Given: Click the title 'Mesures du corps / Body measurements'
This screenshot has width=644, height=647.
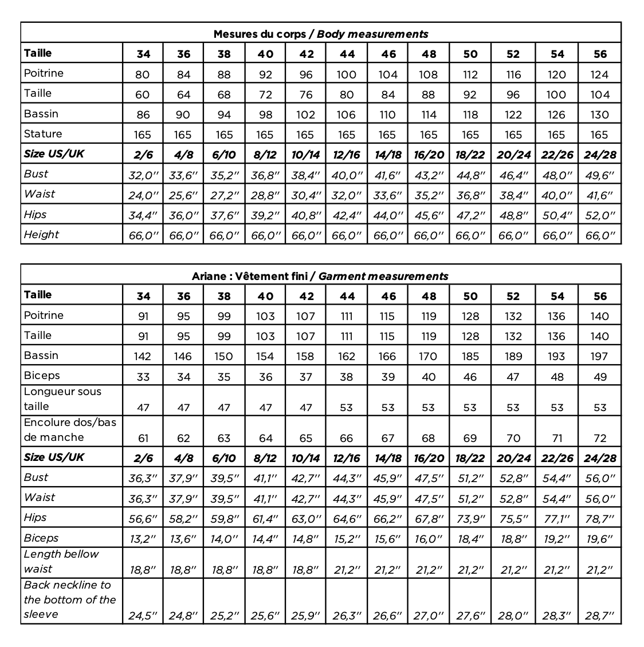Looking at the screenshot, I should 320,34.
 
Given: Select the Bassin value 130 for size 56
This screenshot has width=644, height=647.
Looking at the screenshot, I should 599,115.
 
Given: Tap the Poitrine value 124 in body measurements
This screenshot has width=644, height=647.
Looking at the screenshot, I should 599,74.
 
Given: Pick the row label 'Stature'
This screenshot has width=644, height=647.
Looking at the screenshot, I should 43,134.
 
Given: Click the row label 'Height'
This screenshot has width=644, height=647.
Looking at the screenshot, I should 41,235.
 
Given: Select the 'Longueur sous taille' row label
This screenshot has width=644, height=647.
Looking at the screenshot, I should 62,399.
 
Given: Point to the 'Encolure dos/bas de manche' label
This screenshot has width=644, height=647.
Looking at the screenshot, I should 70,429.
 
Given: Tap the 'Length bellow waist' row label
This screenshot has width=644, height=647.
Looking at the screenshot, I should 61,562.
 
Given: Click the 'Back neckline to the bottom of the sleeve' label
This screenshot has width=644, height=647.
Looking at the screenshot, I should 70,599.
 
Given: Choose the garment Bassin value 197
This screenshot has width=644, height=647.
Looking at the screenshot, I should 599,357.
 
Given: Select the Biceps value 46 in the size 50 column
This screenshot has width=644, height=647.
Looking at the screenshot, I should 470,377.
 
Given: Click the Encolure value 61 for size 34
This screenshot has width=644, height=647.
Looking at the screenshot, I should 143,439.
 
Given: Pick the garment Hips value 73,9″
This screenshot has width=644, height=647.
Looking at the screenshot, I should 470,519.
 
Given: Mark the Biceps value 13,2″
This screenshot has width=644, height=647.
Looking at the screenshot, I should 143,539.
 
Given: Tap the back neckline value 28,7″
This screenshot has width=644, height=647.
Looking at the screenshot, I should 599,616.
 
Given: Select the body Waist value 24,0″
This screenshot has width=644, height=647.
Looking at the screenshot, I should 143,195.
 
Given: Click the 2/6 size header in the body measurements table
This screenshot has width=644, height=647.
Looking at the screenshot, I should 143,155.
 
